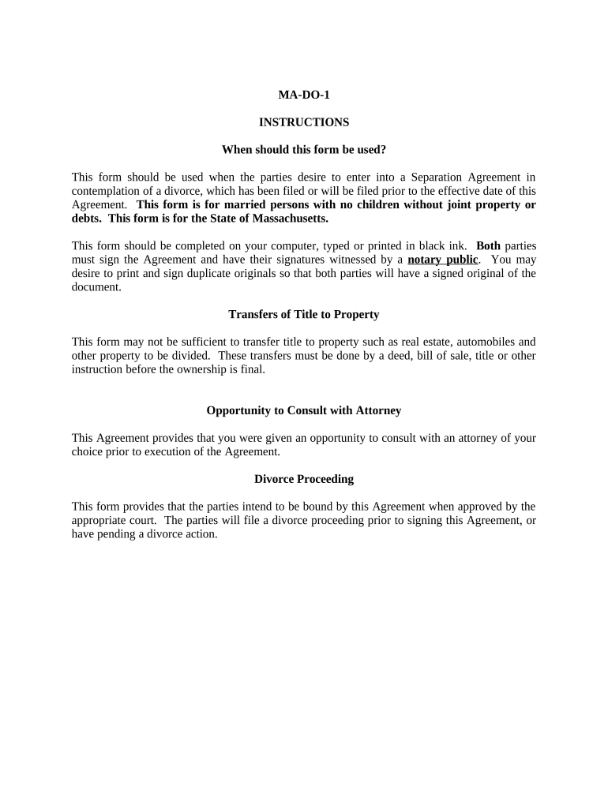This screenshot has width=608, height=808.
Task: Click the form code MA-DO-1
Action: coord(303,95)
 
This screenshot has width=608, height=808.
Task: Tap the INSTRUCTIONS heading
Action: coord(303,122)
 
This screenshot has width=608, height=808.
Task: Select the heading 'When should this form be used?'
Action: coord(303,149)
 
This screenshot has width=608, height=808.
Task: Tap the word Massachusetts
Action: coord(288,218)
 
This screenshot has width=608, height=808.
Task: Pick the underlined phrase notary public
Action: coord(442,260)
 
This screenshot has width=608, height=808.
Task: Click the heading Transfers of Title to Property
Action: coord(303,314)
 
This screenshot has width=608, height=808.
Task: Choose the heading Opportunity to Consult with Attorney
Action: coord(303,410)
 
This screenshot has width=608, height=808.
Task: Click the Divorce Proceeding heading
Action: coord(303,479)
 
